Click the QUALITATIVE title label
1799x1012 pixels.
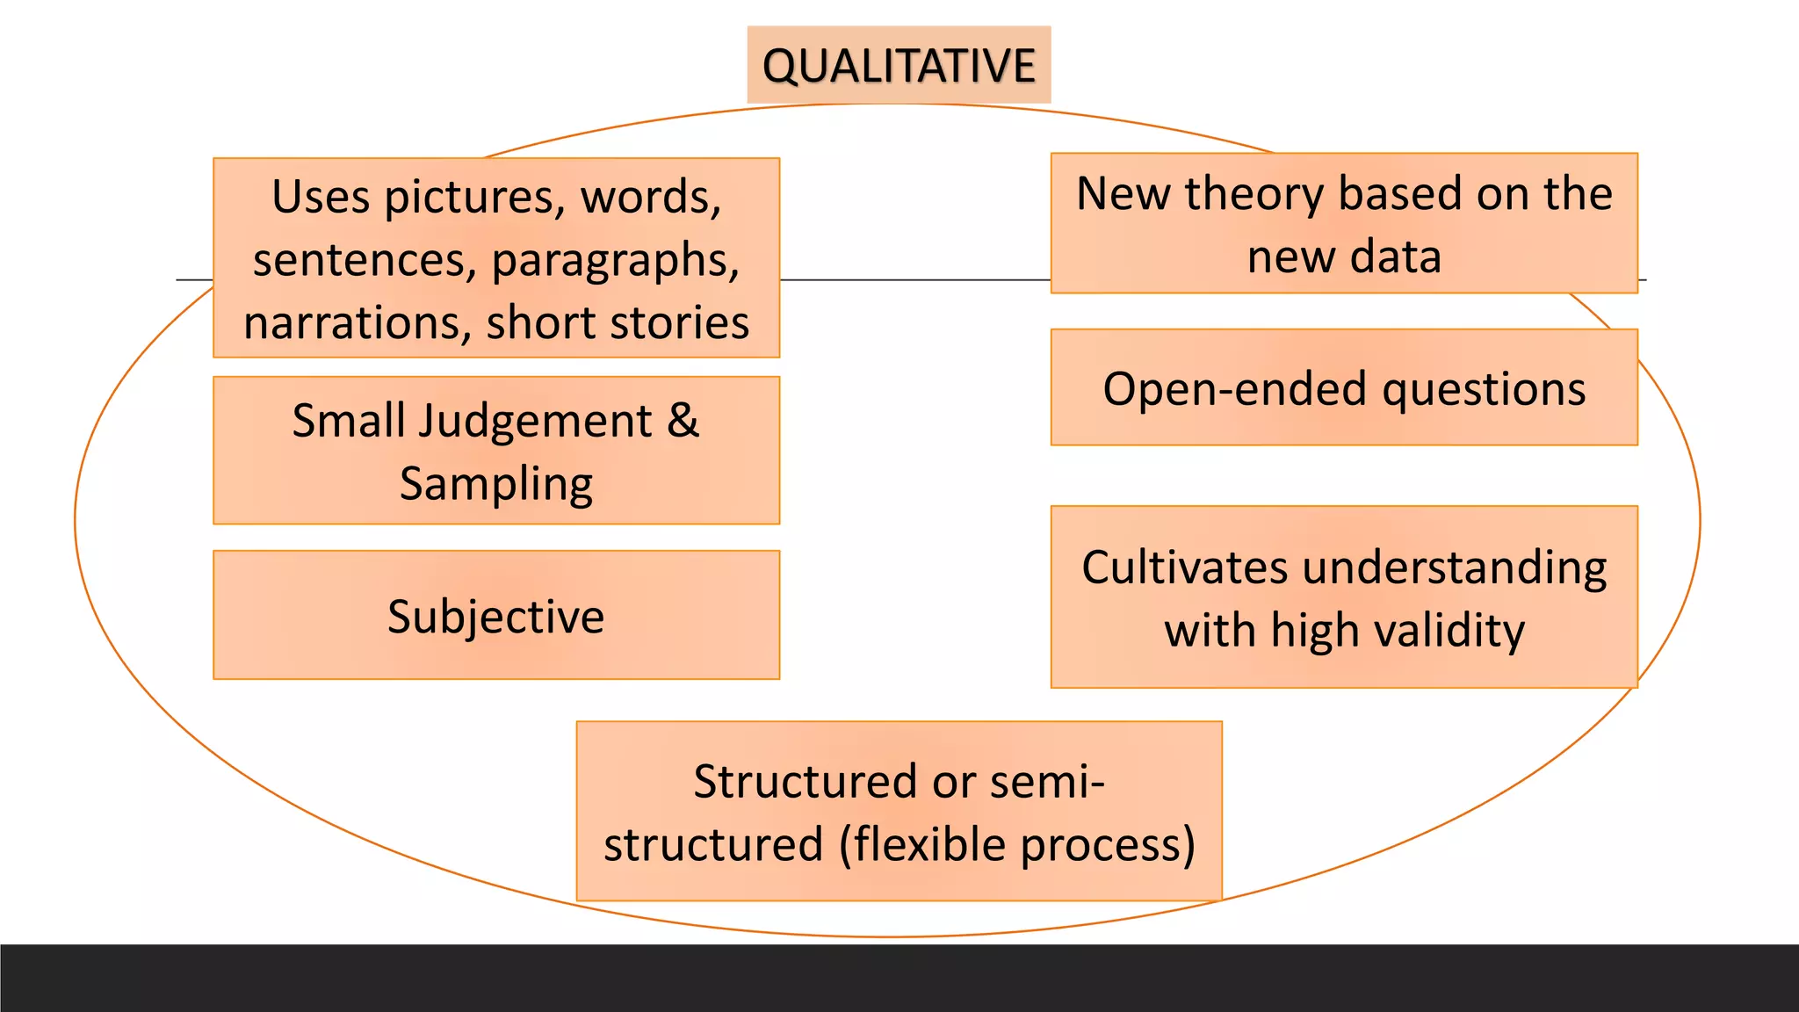899,66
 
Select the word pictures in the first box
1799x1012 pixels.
474,197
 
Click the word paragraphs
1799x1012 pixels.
615,261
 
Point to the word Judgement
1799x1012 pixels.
535,422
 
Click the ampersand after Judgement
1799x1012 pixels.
683,420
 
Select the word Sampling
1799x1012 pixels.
496,485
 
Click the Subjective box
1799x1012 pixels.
496,616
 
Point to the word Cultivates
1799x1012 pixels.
1185,567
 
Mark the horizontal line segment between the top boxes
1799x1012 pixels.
914,280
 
